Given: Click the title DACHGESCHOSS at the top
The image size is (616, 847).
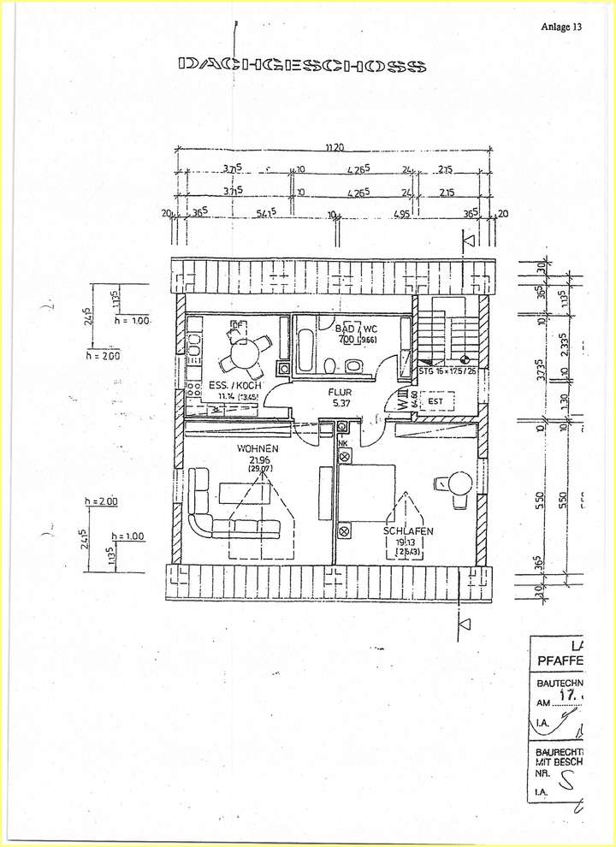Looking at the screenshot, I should pos(301,65).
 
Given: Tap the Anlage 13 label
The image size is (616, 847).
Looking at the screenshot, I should pos(561,27).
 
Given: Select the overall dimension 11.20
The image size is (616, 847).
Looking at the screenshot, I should pos(335,148).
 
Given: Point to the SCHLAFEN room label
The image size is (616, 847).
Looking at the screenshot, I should pos(409,531).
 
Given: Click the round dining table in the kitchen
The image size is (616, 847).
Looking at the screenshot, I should pos(247,353).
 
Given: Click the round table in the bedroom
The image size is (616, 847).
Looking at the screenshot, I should pos(455,485).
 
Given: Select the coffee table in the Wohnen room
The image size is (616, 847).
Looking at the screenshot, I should pos(244,491).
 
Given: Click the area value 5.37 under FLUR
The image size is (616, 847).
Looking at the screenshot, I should pos(342,405).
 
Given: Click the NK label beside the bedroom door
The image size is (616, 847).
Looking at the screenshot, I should pos(342,443).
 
